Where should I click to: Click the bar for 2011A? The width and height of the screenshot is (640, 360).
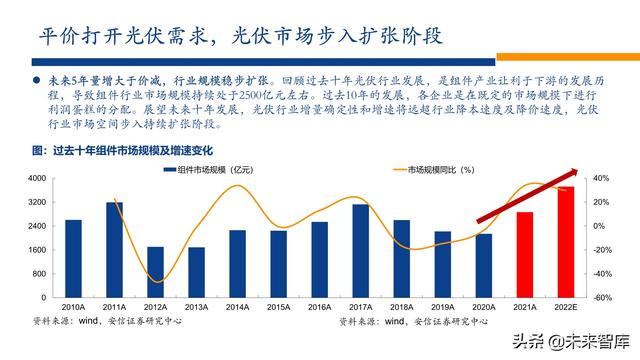(x=115, y=248)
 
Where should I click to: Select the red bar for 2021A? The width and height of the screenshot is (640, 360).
(x=525, y=254)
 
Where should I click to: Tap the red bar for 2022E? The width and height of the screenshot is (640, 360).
(x=566, y=240)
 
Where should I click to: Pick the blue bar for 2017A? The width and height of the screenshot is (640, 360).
(x=361, y=249)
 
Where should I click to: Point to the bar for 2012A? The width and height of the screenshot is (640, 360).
(x=156, y=271)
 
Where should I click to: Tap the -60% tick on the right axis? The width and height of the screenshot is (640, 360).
(x=600, y=297)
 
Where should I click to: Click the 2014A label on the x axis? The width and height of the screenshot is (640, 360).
(x=237, y=307)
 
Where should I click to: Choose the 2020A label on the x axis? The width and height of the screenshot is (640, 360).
(x=484, y=307)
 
